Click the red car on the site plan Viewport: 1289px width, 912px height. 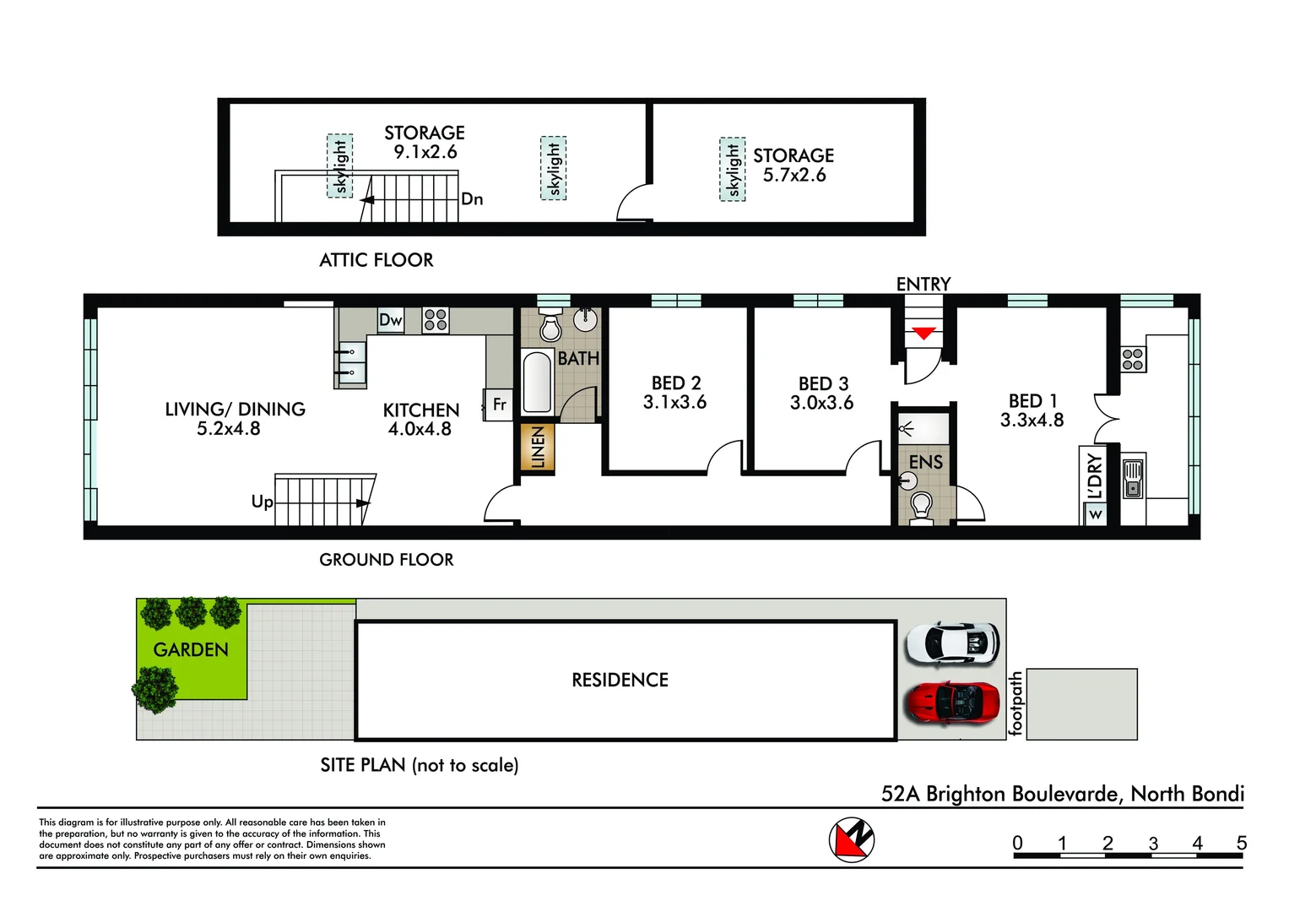point(951,703)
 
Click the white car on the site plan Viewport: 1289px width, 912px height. point(951,643)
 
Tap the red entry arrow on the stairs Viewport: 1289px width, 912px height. point(923,334)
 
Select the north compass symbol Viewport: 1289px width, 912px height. point(851,840)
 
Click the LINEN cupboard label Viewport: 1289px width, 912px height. point(538,447)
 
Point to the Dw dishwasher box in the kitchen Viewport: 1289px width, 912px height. point(390,320)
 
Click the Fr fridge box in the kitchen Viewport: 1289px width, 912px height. point(499,404)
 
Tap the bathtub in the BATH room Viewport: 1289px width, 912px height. point(537,382)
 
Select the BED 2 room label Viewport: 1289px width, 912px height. point(675,383)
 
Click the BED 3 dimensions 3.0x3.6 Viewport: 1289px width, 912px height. point(821,404)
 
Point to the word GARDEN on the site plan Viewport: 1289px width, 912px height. point(191,649)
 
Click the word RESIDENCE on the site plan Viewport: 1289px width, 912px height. point(620,680)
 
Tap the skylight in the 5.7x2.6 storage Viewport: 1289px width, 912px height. point(733,170)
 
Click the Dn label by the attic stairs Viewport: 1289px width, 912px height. point(472,199)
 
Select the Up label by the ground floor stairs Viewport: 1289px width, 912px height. point(262,502)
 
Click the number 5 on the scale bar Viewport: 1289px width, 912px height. point(1241,843)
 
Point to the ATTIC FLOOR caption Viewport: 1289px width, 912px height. point(376,260)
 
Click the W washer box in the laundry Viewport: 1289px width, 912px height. point(1095,514)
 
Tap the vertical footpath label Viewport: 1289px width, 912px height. point(1016,703)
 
